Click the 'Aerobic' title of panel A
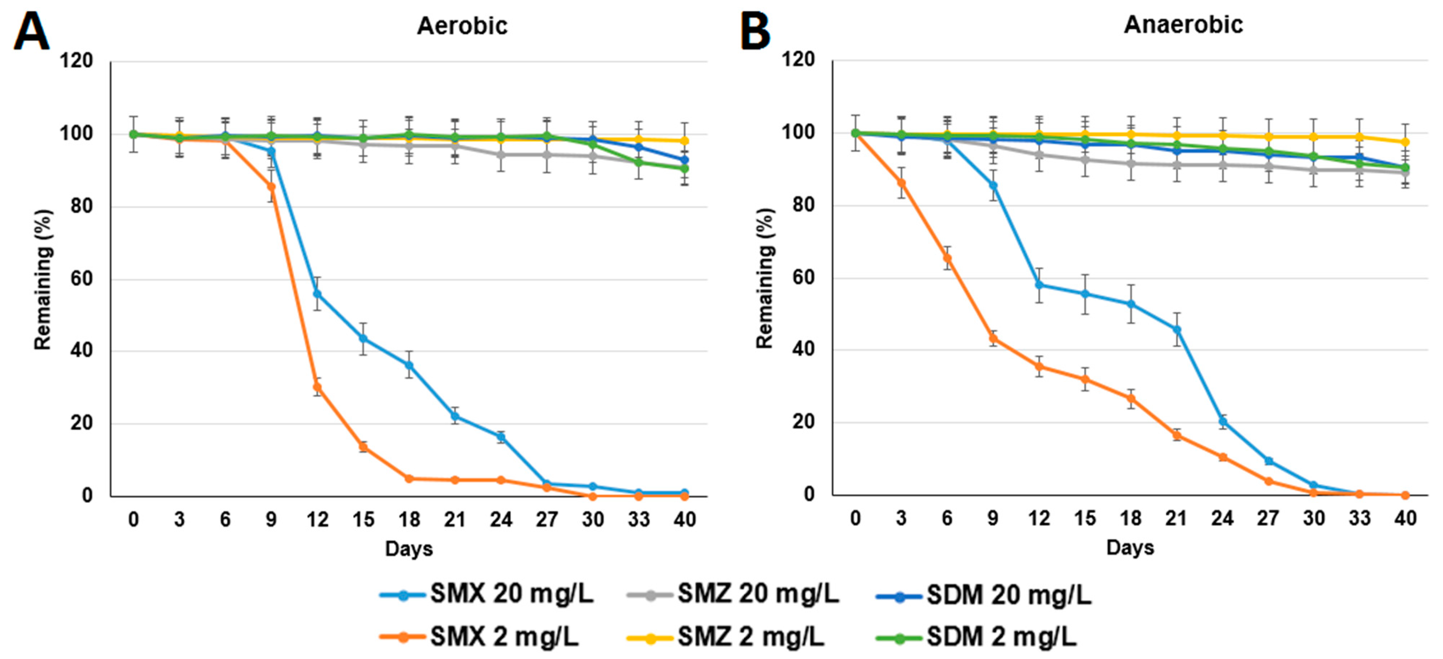462,26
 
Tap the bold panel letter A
31,32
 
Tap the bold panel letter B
755,32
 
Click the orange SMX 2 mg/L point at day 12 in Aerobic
317,387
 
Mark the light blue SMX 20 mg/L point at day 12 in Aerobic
317,293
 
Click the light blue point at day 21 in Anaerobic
1177,329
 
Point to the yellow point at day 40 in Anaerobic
1405,142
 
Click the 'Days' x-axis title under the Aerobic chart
409,548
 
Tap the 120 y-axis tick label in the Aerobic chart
78,60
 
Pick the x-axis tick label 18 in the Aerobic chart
409,520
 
